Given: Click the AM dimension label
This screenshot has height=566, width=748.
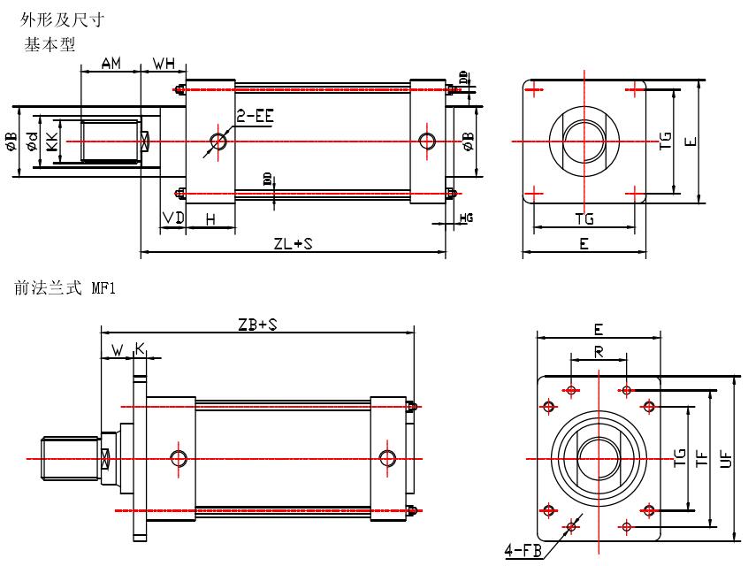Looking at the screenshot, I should pyautogui.click(x=111, y=64).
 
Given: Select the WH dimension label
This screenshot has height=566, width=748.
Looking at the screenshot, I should pyautogui.click(x=164, y=64).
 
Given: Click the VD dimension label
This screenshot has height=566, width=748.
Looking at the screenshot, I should pyautogui.click(x=172, y=218).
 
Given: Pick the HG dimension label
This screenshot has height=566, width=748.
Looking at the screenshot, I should pyautogui.click(x=466, y=217).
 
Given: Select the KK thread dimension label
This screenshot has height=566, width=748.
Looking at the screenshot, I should pyautogui.click(x=52, y=141).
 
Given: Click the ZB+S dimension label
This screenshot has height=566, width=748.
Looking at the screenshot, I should pyautogui.click(x=258, y=325).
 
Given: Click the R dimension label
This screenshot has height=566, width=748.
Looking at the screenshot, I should pyautogui.click(x=599, y=351).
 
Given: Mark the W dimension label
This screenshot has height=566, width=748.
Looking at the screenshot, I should pyautogui.click(x=117, y=350).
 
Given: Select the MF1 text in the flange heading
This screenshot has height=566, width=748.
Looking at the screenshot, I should pyautogui.click(x=103, y=288).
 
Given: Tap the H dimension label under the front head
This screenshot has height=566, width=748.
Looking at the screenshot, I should pyautogui.click(x=210, y=218).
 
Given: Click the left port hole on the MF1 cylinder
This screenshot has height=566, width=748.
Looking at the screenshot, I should pyautogui.click(x=180, y=457).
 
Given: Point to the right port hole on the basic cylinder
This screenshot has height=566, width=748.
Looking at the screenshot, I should pyautogui.click(x=428, y=141).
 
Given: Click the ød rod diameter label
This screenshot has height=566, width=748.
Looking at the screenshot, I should pyautogui.click(x=32, y=141).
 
